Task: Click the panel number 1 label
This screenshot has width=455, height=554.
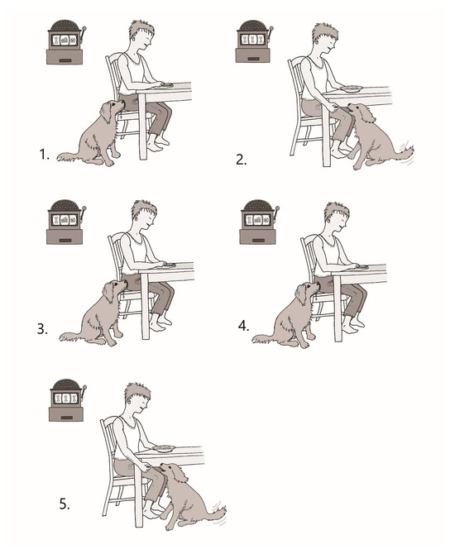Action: (x=44, y=155)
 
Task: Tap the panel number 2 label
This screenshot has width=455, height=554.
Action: (x=241, y=160)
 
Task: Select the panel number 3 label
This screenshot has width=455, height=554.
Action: (x=42, y=329)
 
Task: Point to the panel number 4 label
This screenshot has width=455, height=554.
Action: (x=243, y=326)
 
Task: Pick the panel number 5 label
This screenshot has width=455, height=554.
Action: (x=65, y=504)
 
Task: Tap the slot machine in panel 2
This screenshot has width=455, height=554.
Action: (x=254, y=41)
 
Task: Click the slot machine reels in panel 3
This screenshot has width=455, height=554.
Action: (x=65, y=220)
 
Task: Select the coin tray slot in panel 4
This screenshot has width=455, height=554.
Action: (x=258, y=240)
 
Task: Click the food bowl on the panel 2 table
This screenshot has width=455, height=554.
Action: (x=351, y=88)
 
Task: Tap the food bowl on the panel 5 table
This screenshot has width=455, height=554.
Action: (x=164, y=448)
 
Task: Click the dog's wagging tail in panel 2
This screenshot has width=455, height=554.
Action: (x=405, y=153)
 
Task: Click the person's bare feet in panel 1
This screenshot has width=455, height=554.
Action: (x=158, y=143)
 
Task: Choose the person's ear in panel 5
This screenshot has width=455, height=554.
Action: (x=129, y=402)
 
